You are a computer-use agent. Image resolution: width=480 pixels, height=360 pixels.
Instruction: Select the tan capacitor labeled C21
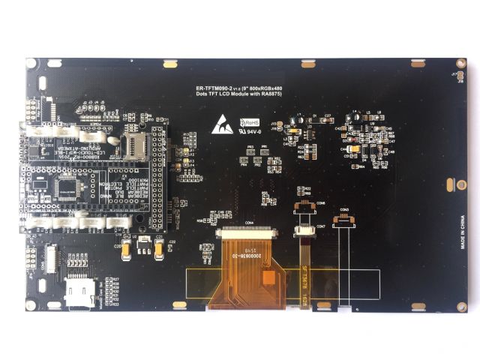pos(158,245)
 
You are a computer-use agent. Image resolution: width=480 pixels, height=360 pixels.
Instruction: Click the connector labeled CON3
pos(343,217)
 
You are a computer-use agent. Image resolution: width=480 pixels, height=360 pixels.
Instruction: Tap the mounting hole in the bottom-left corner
pos(30,305)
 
